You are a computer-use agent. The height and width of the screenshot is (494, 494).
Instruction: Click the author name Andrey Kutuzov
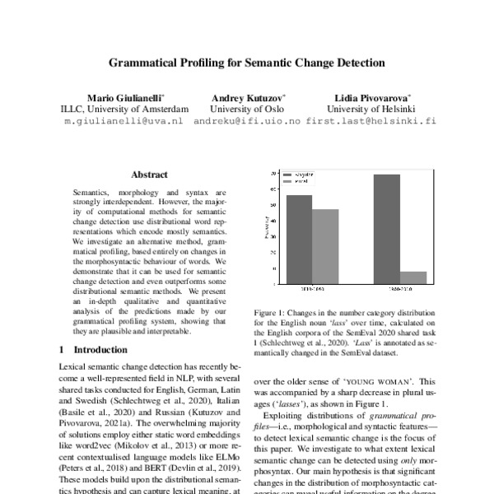click(x=246, y=97)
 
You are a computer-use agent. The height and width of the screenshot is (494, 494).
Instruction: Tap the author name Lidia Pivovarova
click(x=370, y=97)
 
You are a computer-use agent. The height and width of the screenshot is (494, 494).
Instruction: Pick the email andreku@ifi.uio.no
click(x=246, y=120)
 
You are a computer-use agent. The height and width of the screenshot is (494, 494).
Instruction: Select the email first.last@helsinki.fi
click(x=370, y=120)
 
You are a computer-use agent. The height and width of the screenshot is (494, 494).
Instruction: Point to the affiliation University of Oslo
click(x=246, y=109)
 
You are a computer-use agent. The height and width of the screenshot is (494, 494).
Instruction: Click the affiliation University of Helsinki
click(x=370, y=109)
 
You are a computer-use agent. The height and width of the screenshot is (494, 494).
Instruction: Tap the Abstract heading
click(x=149, y=175)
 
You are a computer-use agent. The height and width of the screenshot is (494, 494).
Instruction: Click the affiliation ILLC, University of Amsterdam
click(x=126, y=109)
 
